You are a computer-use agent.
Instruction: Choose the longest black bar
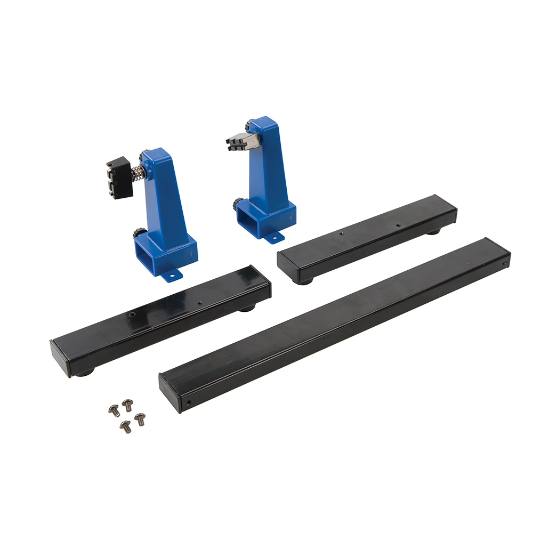click(336, 322)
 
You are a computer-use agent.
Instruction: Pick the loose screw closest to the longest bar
click(140, 419)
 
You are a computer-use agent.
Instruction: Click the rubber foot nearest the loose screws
click(84, 373)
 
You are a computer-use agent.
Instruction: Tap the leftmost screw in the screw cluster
click(113, 409)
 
